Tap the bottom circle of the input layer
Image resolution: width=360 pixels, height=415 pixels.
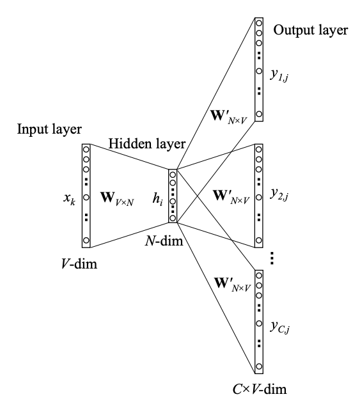(86, 240)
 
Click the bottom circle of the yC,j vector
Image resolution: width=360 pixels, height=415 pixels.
(259, 366)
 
